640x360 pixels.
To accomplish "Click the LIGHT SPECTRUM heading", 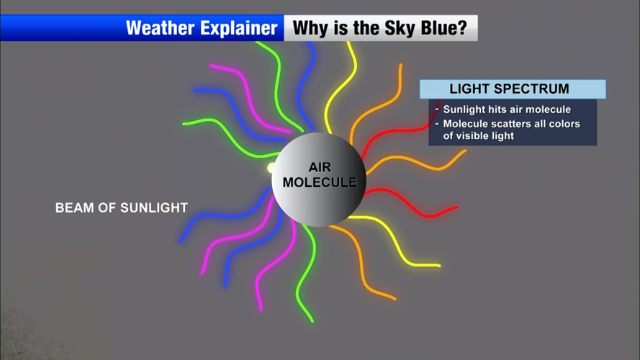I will [509, 89].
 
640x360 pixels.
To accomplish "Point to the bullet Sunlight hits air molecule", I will [507, 109].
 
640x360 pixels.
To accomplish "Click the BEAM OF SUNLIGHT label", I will [122, 208].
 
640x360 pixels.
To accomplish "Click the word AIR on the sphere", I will [320, 167].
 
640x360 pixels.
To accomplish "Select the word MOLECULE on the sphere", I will [320, 182].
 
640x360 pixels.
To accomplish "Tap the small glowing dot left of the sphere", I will [271, 168].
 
